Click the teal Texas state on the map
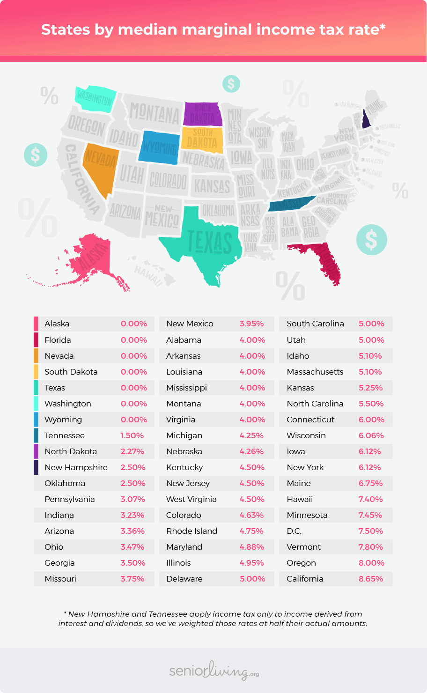tap(206, 243)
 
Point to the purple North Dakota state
tap(202, 114)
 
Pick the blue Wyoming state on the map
tap(159, 147)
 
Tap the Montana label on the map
tap(154, 114)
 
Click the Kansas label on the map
tap(212, 186)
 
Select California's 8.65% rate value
tap(371, 579)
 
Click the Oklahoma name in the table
tap(65, 483)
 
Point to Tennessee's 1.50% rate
tap(132, 435)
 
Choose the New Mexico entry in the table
tap(190, 324)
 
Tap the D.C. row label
tap(294, 531)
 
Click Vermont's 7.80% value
tap(371, 547)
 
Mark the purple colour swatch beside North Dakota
tap(36, 451)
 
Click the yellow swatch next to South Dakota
tap(36, 372)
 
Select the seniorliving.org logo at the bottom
tap(214, 671)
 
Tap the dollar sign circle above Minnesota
tap(231, 84)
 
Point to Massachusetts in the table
tap(315, 372)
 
